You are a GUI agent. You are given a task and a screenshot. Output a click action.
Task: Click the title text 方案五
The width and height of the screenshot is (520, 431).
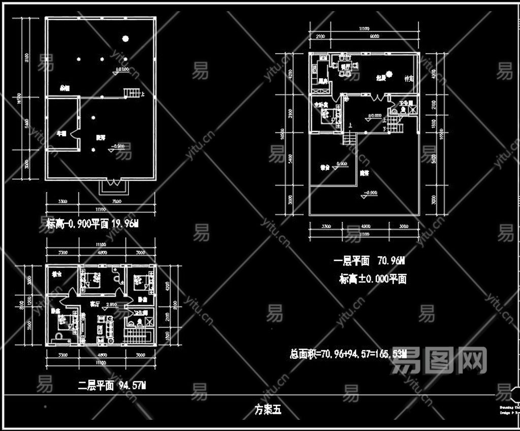click(268, 409)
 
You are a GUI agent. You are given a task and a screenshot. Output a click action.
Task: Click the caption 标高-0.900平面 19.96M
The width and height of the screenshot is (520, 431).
click(92, 224)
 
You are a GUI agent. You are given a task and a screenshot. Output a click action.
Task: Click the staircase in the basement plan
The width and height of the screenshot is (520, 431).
click(132, 92)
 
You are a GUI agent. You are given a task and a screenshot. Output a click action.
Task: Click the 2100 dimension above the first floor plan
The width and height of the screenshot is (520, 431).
click(320, 37)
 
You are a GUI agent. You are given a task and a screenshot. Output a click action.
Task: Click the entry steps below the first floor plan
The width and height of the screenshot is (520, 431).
click(349, 137)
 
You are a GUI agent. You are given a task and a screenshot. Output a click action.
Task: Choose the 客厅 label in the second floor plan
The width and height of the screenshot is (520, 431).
click(94, 305)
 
